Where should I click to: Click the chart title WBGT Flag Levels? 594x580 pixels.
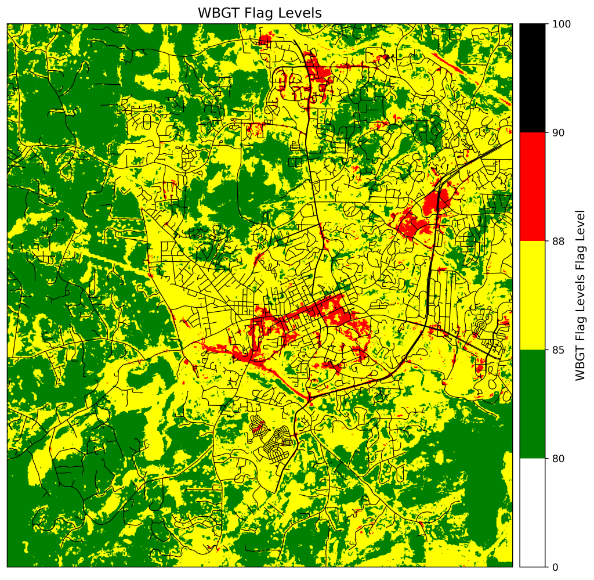click(259, 12)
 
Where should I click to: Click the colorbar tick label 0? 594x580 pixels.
click(555, 567)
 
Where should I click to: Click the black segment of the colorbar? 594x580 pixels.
click(533, 78)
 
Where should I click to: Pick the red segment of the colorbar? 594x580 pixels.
click(533, 186)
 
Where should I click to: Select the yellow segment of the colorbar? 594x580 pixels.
click(533, 295)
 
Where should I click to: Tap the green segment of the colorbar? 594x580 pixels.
click(533, 404)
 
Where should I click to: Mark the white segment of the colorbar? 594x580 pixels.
click(533, 512)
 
